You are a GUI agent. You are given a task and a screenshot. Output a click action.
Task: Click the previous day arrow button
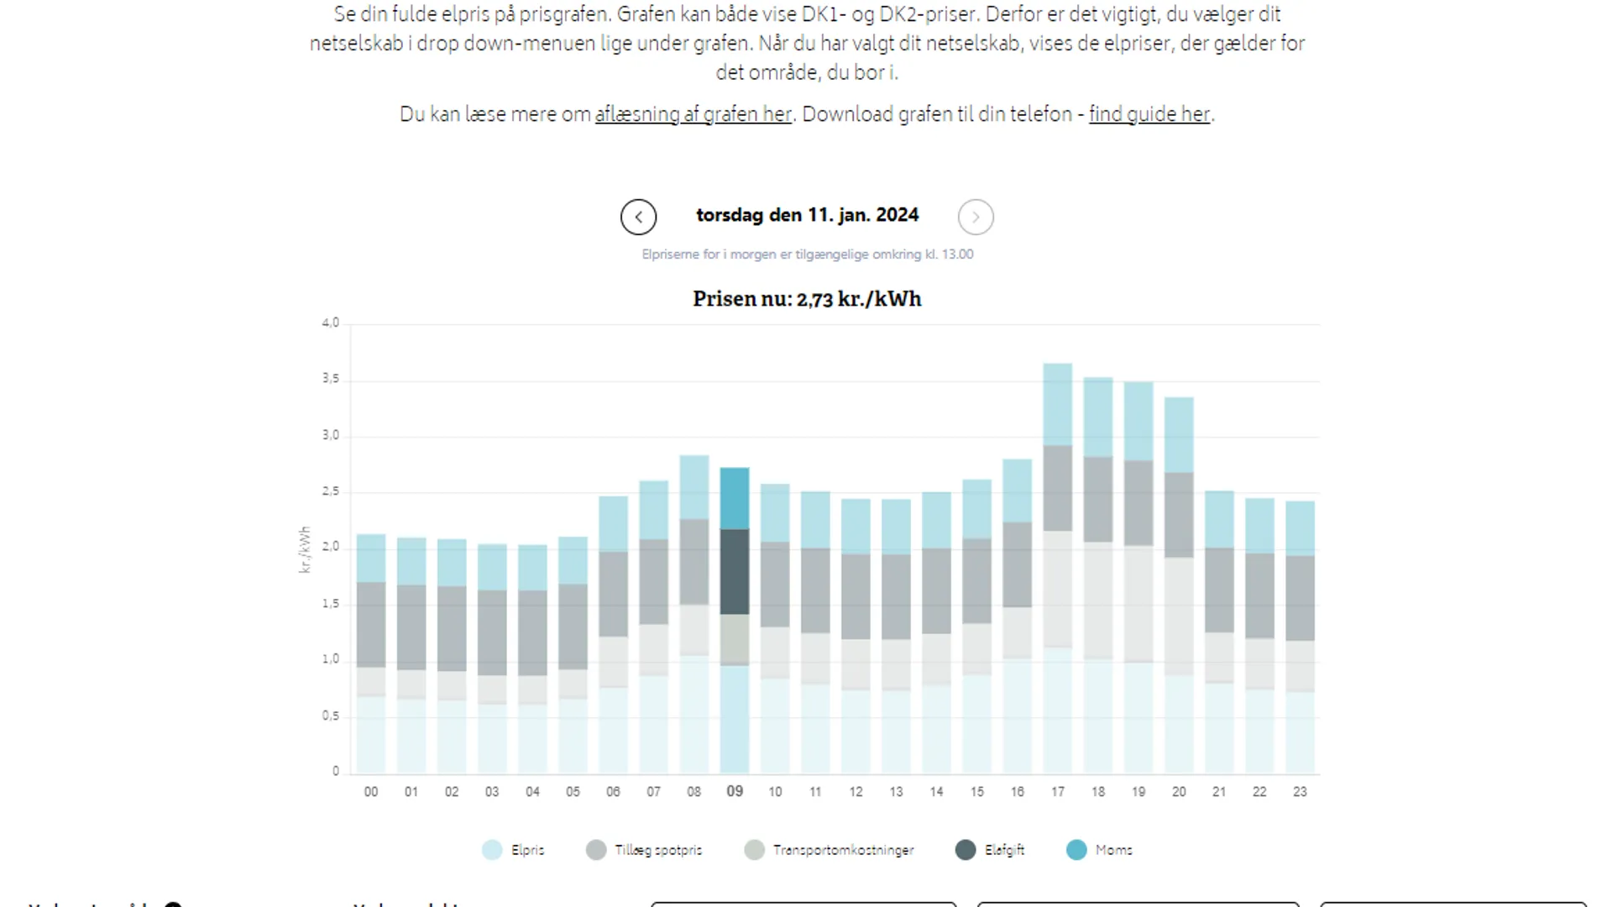[x=638, y=217]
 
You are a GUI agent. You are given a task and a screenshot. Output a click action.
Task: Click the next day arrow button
[x=976, y=217]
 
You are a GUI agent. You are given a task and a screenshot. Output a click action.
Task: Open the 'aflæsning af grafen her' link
[x=693, y=114]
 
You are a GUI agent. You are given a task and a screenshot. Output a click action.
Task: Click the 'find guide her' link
[x=1149, y=114]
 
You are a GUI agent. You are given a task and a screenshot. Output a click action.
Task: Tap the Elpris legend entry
[x=514, y=850]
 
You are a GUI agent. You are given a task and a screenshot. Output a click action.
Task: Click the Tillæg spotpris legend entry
[x=644, y=850]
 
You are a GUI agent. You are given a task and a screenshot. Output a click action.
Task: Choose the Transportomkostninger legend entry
[x=830, y=850]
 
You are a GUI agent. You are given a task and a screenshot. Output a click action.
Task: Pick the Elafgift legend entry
[x=991, y=850]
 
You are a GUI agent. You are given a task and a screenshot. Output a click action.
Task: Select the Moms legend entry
[x=1100, y=850]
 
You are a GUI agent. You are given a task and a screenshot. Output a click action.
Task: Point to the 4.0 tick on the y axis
[x=331, y=322]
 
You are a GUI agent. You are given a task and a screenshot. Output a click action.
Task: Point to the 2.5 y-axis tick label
[x=331, y=491]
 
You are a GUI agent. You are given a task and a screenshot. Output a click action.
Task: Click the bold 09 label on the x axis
[x=735, y=791]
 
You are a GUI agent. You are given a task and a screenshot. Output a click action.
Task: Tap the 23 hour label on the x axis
[x=1300, y=791]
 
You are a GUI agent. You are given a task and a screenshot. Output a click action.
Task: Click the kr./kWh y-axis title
[x=305, y=549]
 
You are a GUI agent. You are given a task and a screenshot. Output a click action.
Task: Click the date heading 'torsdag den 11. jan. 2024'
[x=807, y=215]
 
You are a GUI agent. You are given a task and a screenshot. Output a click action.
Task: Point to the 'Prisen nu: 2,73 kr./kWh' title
[x=807, y=299]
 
